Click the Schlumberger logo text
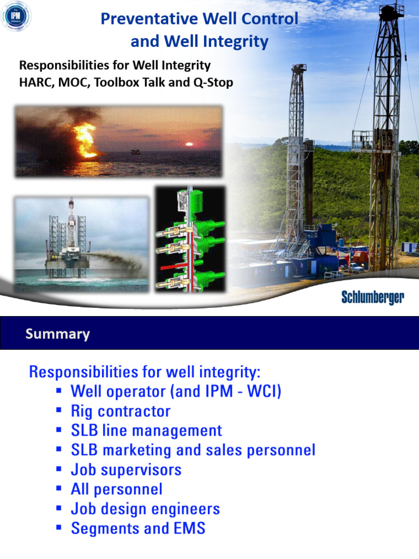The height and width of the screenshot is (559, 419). click(x=373, y=298)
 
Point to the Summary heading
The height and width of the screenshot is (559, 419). click(x=57, y=334)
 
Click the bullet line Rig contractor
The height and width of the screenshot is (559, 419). click(x=121, y=411)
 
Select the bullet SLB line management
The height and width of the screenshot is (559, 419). click(x=146, y=431)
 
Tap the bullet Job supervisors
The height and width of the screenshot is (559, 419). click(x=126, y=470)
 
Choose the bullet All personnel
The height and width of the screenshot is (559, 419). click(x=116, y=489)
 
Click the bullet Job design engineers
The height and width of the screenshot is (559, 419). click(x=145, y=509)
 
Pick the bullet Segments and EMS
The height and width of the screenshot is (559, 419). click(x=138, y=529)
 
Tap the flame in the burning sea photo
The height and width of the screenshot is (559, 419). click(x=85, y=139)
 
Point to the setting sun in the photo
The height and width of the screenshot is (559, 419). click(x=189, y=145)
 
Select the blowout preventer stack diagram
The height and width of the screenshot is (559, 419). click(x=189, y=239)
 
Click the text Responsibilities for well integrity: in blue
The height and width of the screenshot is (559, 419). click(x=145, y=372)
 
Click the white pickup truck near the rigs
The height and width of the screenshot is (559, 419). click(x=355, y=267)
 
